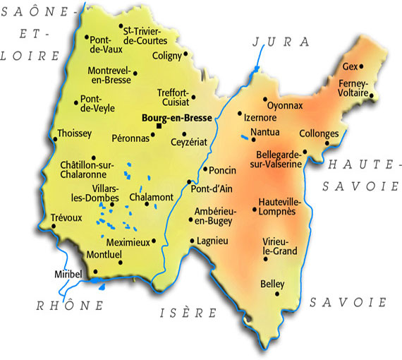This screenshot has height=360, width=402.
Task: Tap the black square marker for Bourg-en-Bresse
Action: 159,127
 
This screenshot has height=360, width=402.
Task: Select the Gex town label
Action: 349,67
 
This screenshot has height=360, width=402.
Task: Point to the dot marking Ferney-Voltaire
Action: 372,92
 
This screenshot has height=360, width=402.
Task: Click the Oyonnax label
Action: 285,106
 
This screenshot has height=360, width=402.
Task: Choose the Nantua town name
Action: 264,131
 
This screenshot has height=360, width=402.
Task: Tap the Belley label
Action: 272,284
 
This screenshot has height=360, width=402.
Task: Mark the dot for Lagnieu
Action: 192,241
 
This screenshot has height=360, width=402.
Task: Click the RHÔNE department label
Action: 70,306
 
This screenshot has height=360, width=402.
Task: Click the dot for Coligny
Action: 185,53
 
